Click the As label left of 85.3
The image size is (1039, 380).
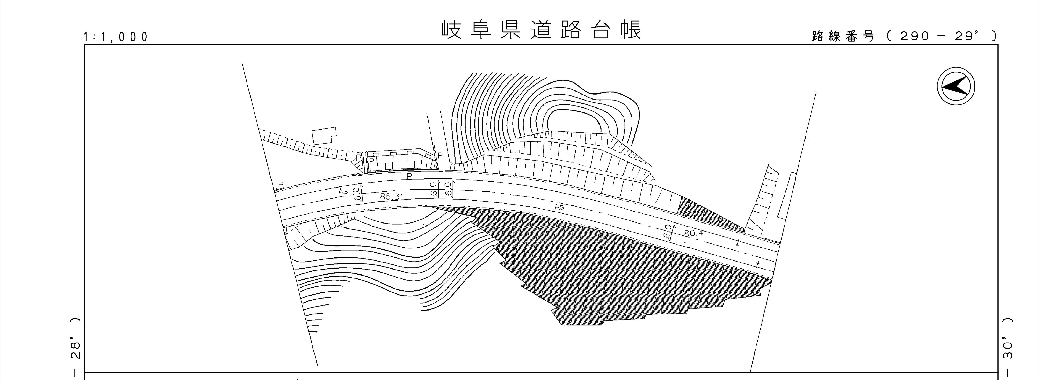click(x=343, y=191)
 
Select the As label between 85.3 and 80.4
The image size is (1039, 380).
click(x=559, y=207)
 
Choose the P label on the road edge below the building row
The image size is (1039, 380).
click(x=409, y=176)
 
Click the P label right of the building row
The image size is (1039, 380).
click(x=440, y=155)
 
